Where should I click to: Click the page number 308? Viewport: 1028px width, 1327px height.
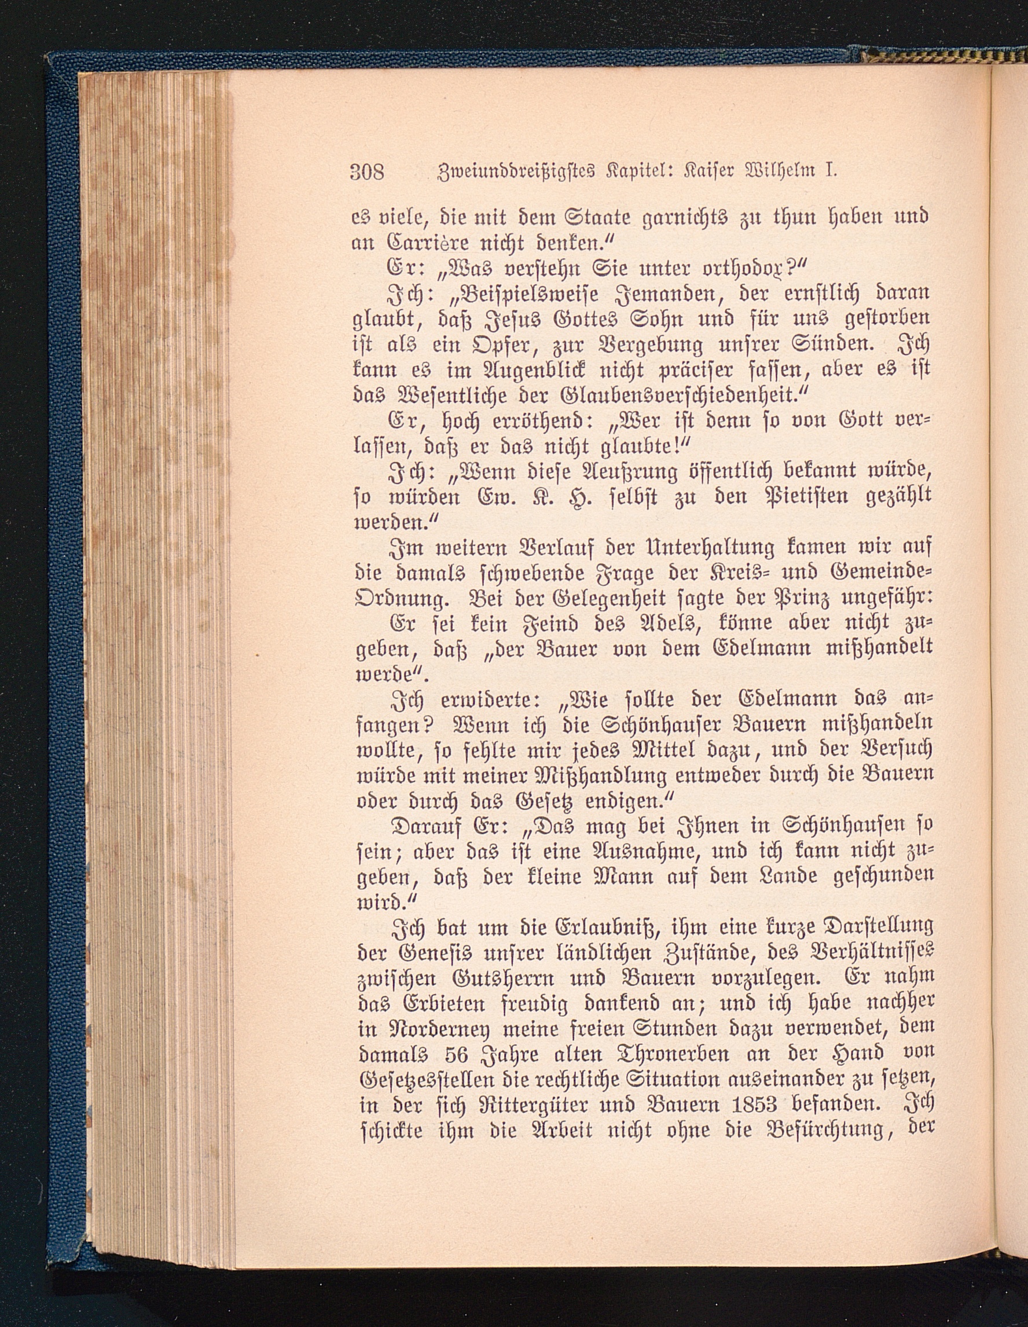[x=368, y=172]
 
